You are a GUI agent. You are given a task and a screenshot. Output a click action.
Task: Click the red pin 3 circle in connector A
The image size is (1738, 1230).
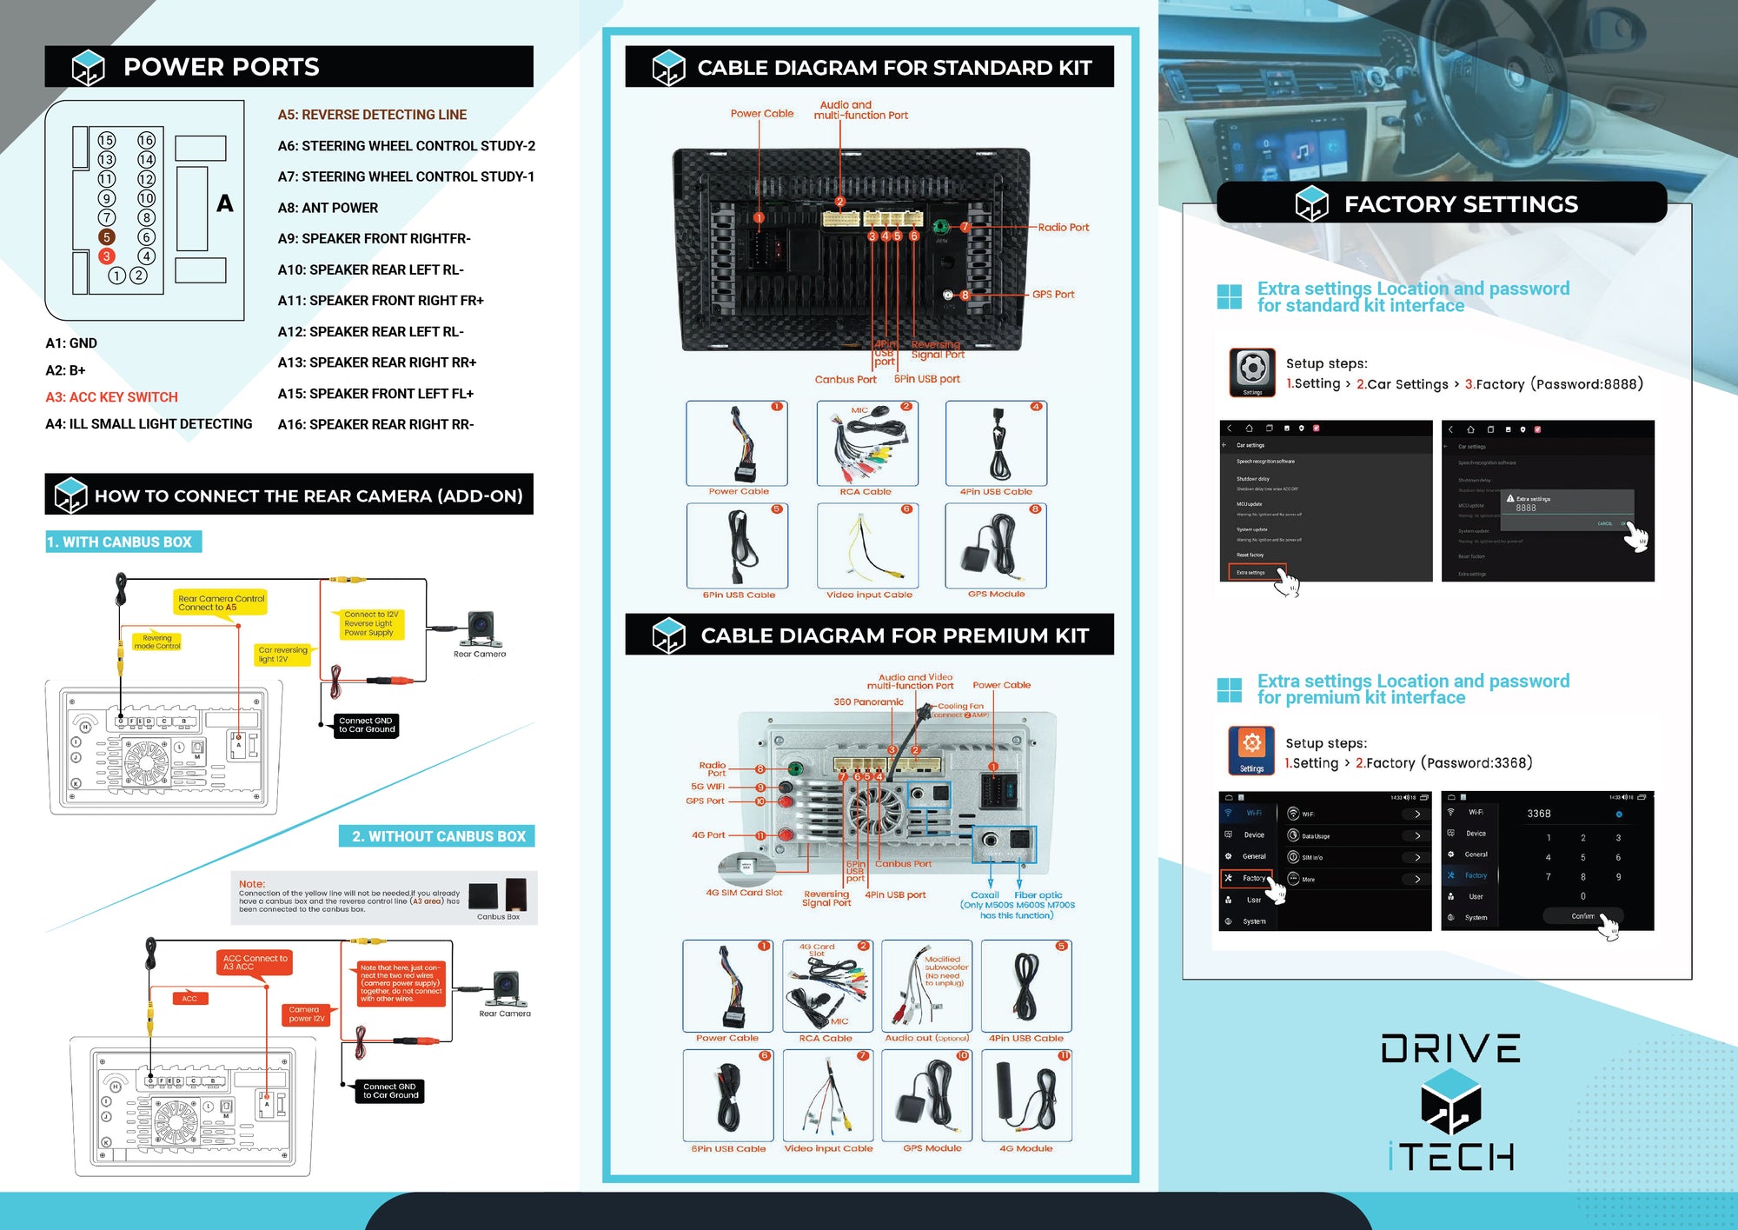(106, 256)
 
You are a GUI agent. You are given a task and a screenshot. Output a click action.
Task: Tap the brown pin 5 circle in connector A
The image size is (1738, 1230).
(106, 236)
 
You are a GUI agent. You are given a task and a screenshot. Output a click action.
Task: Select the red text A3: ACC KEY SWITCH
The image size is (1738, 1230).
(111, 397)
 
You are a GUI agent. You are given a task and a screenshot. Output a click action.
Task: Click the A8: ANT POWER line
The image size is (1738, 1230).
(328, 208)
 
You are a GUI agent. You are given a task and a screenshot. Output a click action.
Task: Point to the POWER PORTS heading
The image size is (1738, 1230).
(221, 67)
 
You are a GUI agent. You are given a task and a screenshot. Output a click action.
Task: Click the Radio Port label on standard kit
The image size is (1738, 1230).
(1063, 228)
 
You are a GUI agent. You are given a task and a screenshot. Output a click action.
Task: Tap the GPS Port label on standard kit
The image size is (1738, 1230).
(1053, 295)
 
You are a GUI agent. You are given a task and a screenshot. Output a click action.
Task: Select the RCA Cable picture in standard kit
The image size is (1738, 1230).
(866, 443)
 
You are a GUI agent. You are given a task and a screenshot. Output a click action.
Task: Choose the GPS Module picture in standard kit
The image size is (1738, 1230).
(996, 546)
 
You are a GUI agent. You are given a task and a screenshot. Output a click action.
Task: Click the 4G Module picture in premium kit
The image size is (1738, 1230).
(1026, 1095)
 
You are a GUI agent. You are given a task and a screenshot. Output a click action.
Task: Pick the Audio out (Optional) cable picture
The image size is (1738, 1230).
(926, 987)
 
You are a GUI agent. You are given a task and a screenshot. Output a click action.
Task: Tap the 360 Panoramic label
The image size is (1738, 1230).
(868, 701)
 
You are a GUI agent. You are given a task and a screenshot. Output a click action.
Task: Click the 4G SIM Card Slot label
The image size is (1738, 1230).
(744, 893)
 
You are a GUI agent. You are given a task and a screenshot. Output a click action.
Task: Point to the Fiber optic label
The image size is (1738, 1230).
(1038, 894)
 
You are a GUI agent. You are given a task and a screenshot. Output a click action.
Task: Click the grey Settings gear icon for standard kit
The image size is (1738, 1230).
(1252, 371)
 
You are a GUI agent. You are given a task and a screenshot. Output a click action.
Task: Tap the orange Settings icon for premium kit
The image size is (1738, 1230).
(1251, 748)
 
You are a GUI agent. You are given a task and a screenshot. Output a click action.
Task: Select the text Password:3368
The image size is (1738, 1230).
(1477, 763)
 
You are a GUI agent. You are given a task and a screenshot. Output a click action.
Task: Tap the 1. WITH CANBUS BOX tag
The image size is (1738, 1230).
(123, 542)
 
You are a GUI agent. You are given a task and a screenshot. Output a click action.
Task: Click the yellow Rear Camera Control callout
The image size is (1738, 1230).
(221, 602)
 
